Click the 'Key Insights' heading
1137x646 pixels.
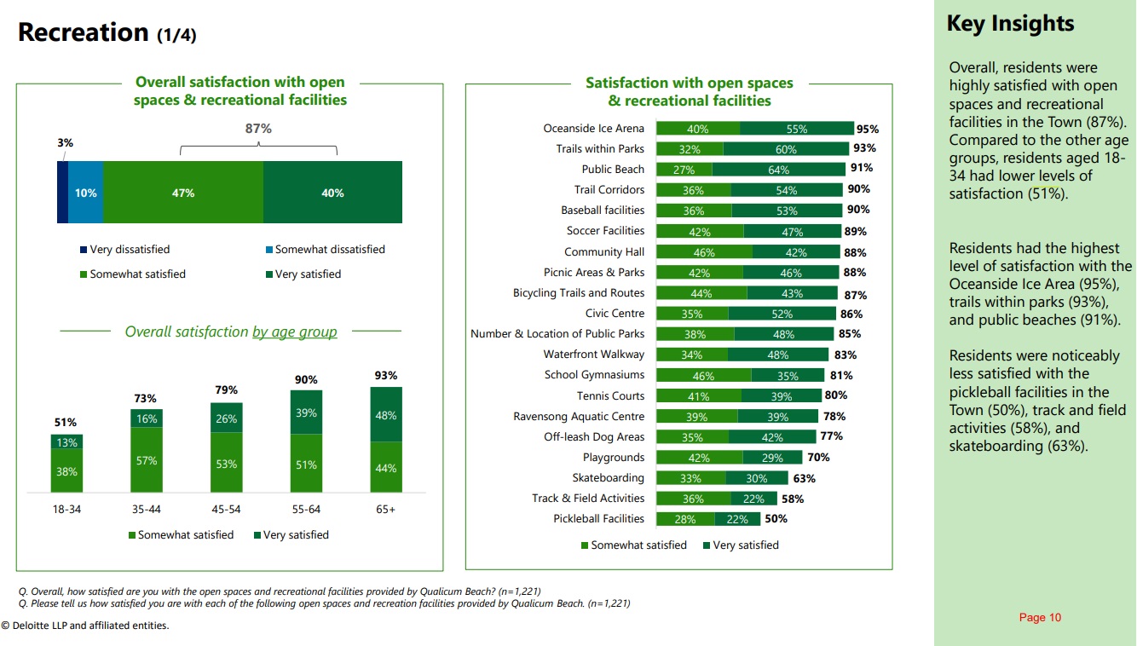(x=1010, y=24)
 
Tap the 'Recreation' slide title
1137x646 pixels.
(x=84, y=32)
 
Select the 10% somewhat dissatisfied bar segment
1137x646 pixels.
(x=85, y=193)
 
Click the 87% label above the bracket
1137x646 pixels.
(x=258, y=129)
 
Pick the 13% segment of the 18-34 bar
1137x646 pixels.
(x=66, y=442)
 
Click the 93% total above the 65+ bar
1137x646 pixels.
(x=385, y=375)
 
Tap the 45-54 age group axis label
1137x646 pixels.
(x=226, y=510)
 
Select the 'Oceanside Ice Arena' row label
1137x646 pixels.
(x=593, y=129)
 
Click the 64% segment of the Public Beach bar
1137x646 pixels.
(x=778, y=170)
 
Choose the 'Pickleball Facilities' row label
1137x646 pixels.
(x=598, y=519)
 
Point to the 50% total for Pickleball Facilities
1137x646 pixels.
(x=776, y=519)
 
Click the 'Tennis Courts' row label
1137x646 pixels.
(x=610, y=395)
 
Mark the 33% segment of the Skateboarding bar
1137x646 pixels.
(x=690, y=478)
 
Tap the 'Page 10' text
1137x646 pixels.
(x=1040, y=618)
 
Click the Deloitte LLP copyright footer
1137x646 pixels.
(x=85, y=626)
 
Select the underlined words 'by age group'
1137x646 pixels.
(x=294, y=332)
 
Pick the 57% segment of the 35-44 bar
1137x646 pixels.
(x=147, y=461)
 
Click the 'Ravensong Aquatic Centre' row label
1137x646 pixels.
(x=579, y=417)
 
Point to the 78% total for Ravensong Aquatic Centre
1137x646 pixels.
(x=834, y=417)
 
